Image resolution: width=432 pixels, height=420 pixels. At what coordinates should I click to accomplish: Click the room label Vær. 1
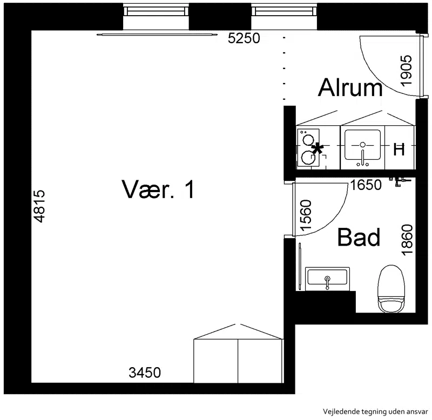point(158,189)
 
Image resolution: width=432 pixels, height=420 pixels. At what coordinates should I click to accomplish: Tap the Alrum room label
point(350,87)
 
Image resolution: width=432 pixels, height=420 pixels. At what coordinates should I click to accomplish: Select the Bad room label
point(359,237)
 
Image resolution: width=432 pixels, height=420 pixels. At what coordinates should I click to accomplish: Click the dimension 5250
point(244,38)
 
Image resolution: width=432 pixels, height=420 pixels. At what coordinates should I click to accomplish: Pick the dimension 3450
point(145,372)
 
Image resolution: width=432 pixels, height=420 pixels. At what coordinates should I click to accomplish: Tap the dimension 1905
point(406,71)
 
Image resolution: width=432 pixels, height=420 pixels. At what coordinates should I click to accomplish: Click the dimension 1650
point(366,185)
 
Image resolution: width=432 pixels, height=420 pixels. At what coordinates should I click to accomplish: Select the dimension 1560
point(306,215)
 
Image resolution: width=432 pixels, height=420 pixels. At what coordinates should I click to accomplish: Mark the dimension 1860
point(407,240)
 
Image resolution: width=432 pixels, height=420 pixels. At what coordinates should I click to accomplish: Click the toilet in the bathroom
point(391,289)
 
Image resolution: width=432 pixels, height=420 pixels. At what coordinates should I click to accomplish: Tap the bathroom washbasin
point(327,279)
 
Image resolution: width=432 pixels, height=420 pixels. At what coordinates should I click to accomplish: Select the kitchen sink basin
point(362,145)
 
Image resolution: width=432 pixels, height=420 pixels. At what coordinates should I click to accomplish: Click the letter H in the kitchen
point(399,150)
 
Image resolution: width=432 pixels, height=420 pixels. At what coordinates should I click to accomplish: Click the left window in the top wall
point(156,12)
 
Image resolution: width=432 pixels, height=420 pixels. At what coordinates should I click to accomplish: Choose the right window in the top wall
point(284,12)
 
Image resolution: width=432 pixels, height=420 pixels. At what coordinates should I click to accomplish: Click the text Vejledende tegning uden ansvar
point(375,412)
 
